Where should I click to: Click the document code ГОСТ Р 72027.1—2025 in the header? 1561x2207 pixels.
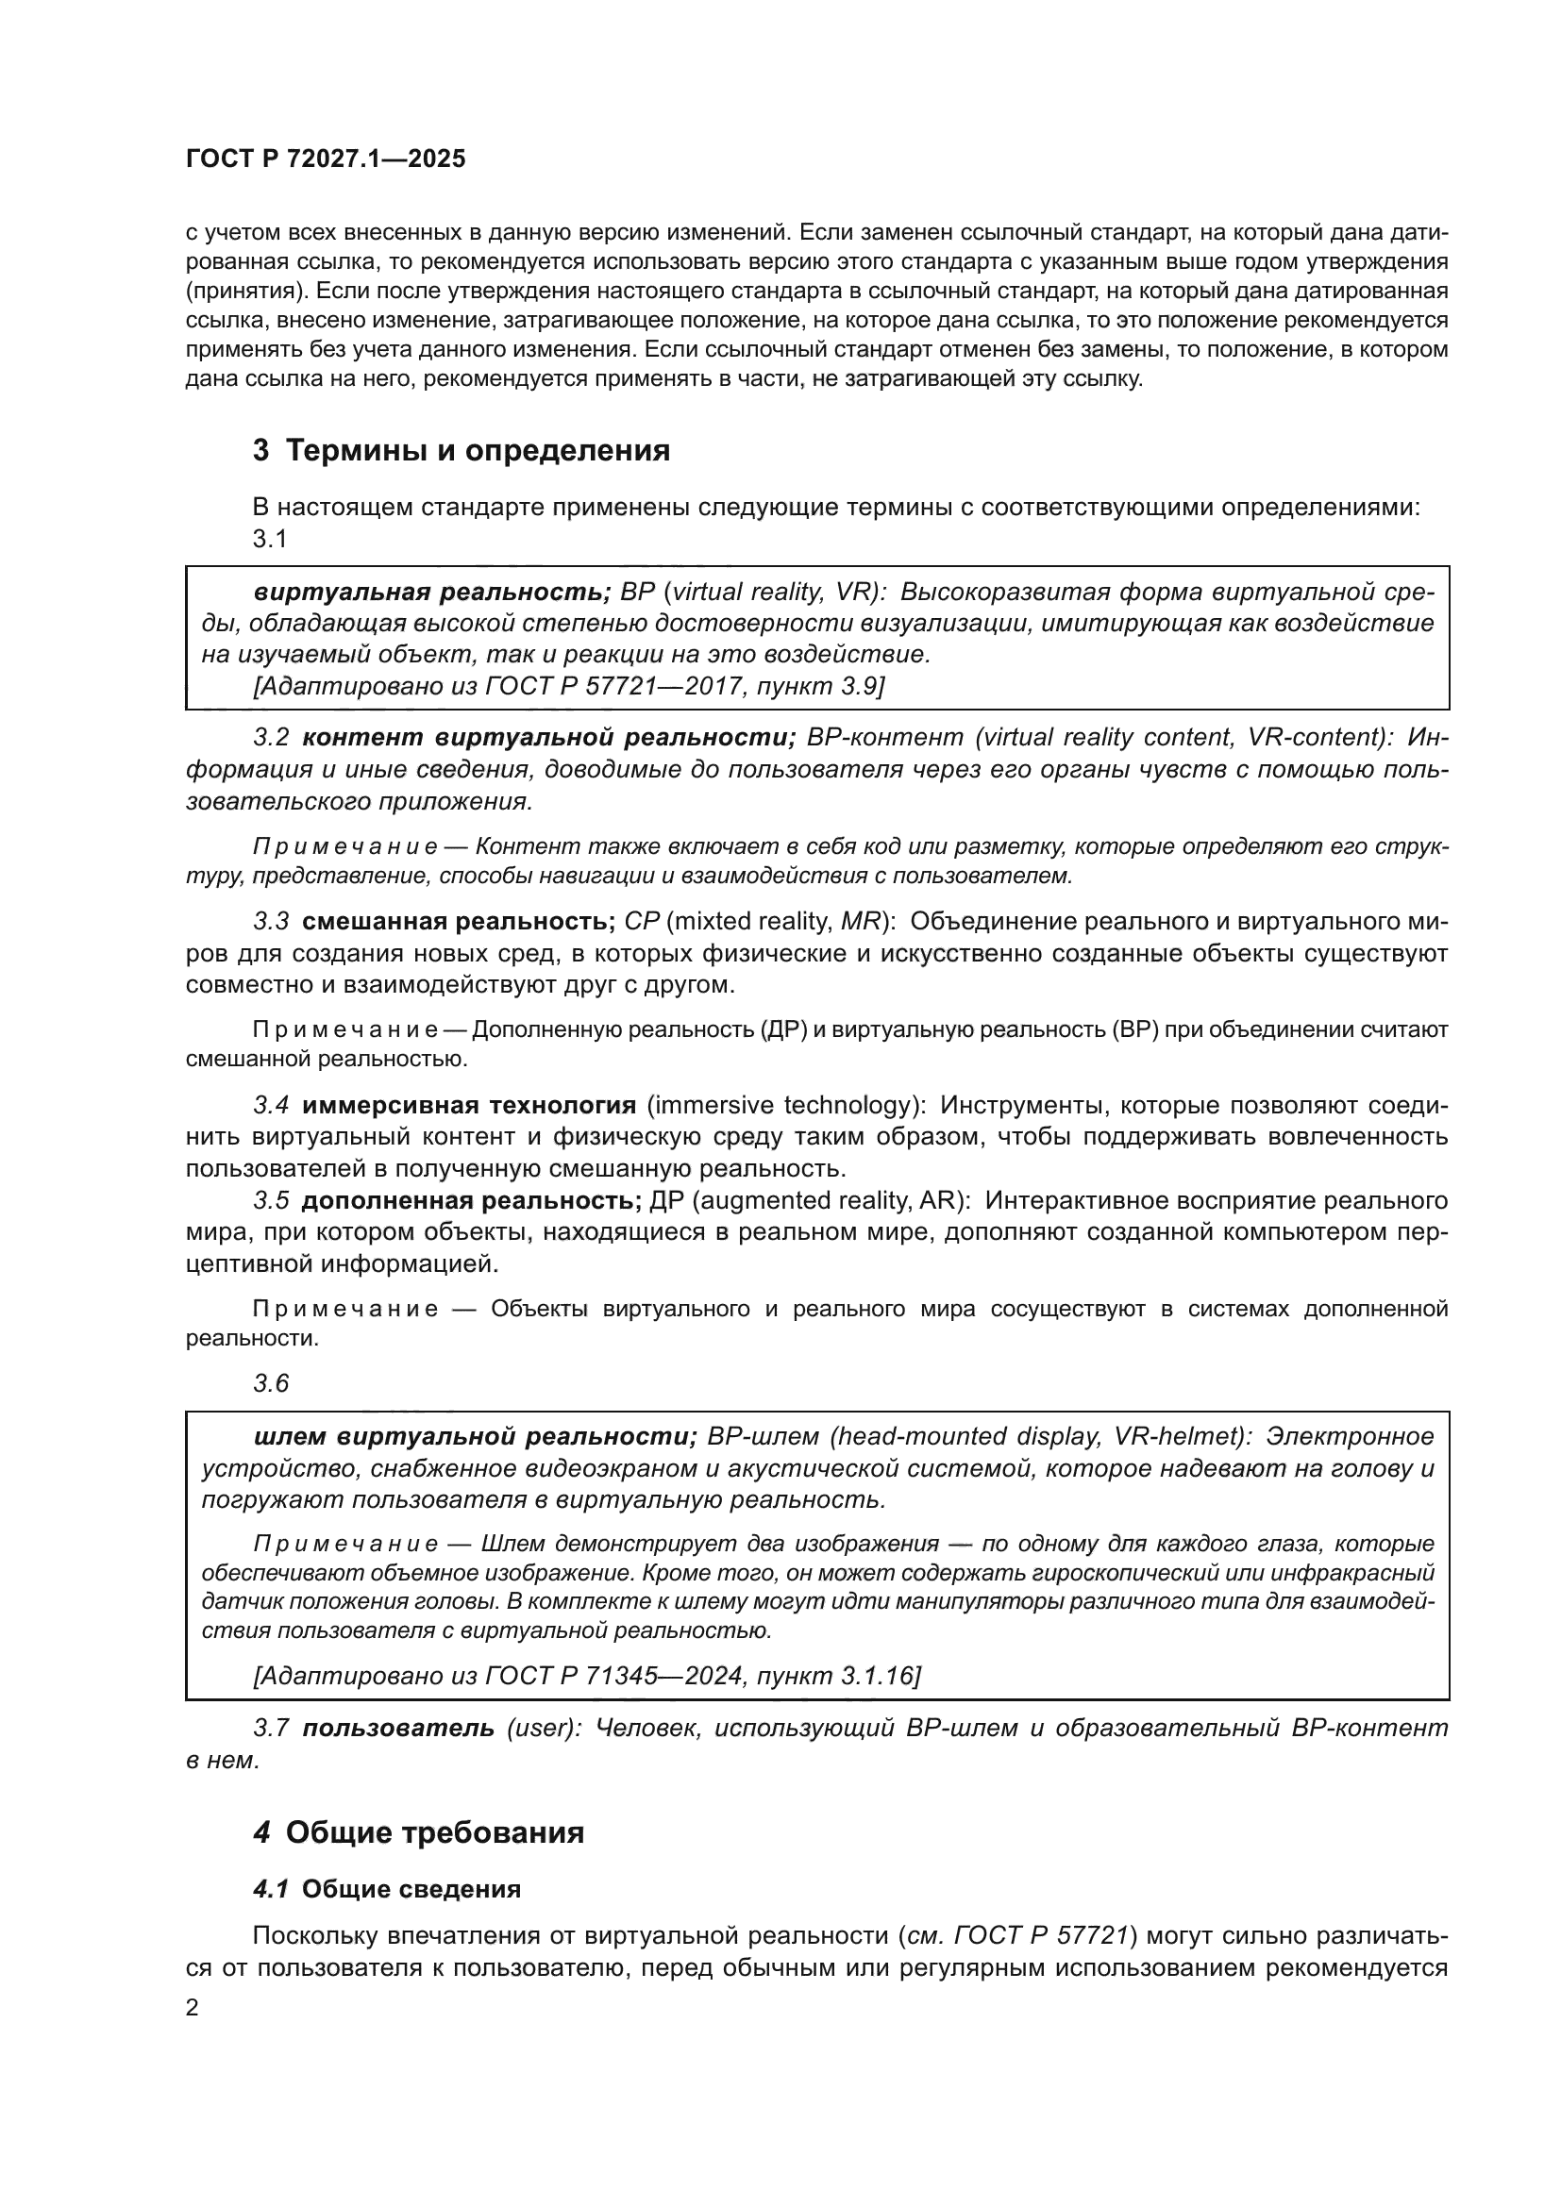pyautogui.click(x=325, y=159)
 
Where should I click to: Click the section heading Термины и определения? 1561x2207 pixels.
pyautogui.click(x=478, y=450)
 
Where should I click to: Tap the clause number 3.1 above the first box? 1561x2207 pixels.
pyautogui.click(x=270, y=540)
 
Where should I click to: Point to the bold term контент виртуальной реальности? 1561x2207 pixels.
pyautogui.click(x=549, y=737)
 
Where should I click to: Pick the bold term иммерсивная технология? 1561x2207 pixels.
pyautogui.click(x=468, y=1106)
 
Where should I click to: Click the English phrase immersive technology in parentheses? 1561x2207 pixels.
pyautogui.click(x=782, y=1106)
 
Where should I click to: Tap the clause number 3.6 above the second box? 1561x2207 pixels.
pyautogui.click(x=270, y=1383)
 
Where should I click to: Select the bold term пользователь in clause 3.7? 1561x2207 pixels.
pyautogui.click(x=398, y=1729)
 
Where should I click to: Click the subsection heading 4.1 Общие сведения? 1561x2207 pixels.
pyautogui.click(x=386, y=1889)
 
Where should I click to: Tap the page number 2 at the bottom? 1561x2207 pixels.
pyautogui.click(x=193, y=2008)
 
